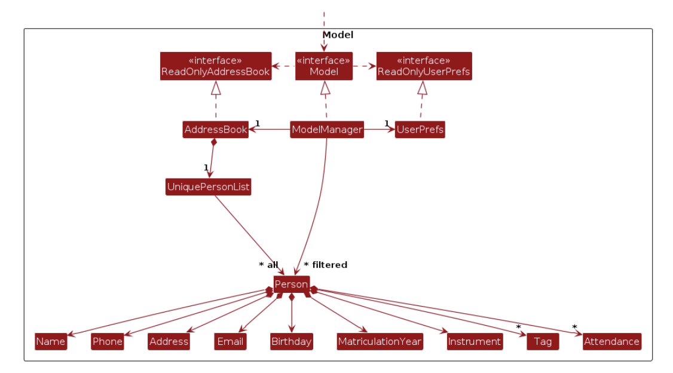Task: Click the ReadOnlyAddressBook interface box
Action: click(x=216, y=66)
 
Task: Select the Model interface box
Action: click(x=324, y=66)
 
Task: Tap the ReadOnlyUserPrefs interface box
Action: click(x=424, y=66)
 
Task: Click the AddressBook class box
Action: click(x=215, y=130)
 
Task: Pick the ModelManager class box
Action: click(x=327, y=130)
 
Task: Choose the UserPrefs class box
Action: click(x=420, y=130)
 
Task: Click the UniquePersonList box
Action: click(x=208, y=187)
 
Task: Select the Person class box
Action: click(x=291, y=285)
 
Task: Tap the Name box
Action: click(x=51, y=342)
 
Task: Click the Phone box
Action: click(x=108, y=342)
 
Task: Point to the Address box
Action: click(x=169, y=342)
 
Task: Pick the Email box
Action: click(x=231, y=342)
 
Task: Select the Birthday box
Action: click(x=291, y=342)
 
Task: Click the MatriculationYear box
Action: click(x=380, y=342)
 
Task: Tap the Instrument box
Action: click(x=474, y=342)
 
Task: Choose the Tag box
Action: click(x=543, y=342)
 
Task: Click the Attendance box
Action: click(x=611, y=342)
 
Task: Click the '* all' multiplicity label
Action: click(x=268, y=265)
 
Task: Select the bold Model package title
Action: click(x=338, y=35)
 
